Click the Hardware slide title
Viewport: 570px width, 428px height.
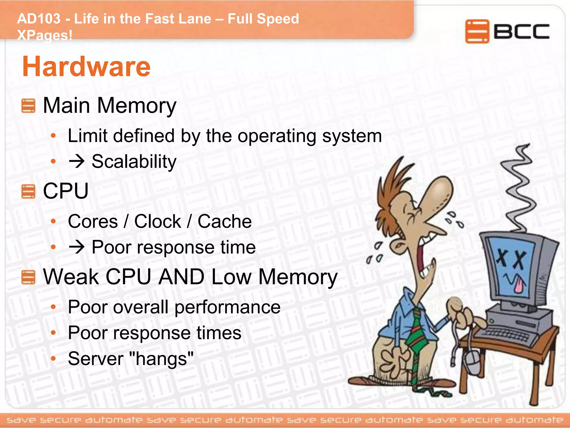click(86, 67)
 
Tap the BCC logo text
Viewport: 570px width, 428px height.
click(521, 31)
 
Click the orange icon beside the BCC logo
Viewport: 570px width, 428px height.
click(477, 31)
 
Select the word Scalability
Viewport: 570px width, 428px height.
click(134, 162)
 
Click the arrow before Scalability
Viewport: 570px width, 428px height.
click(77, 162)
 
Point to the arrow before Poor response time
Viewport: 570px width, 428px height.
click(77, 247)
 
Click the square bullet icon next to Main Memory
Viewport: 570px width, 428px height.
click(28, 106)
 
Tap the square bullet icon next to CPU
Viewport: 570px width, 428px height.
click(28, 191)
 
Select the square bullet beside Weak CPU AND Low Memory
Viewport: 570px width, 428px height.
click(28, 277)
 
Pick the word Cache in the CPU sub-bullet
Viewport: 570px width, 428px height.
click(224, 222)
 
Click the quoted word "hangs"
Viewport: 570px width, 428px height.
click(161, 359)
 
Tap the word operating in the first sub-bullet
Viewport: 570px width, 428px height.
click(277, 136)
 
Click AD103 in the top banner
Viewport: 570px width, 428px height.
click(39, 19)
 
